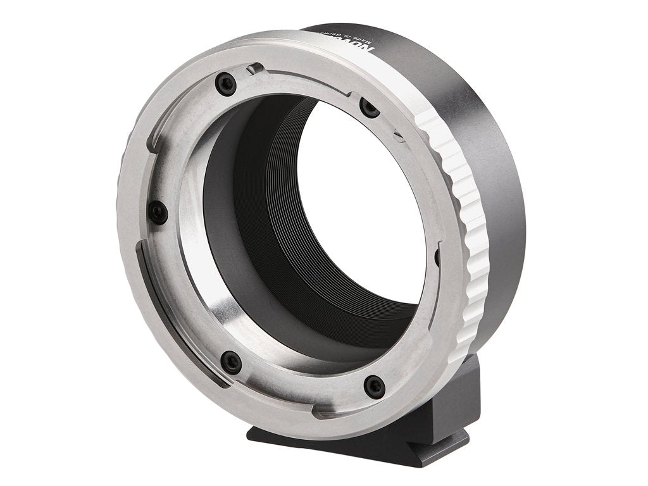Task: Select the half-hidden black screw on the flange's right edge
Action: pyautogui.click(x=437, y=256)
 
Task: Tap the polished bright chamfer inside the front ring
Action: pyautogui.click(x=196, y=253)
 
